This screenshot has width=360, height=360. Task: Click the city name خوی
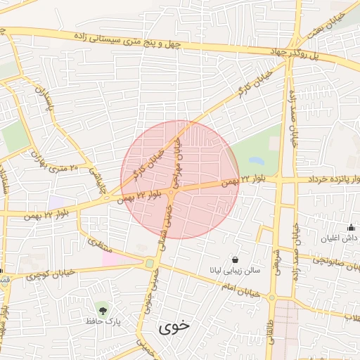174,327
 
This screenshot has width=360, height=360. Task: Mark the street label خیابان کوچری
50,274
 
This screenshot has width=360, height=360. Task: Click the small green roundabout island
149,264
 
